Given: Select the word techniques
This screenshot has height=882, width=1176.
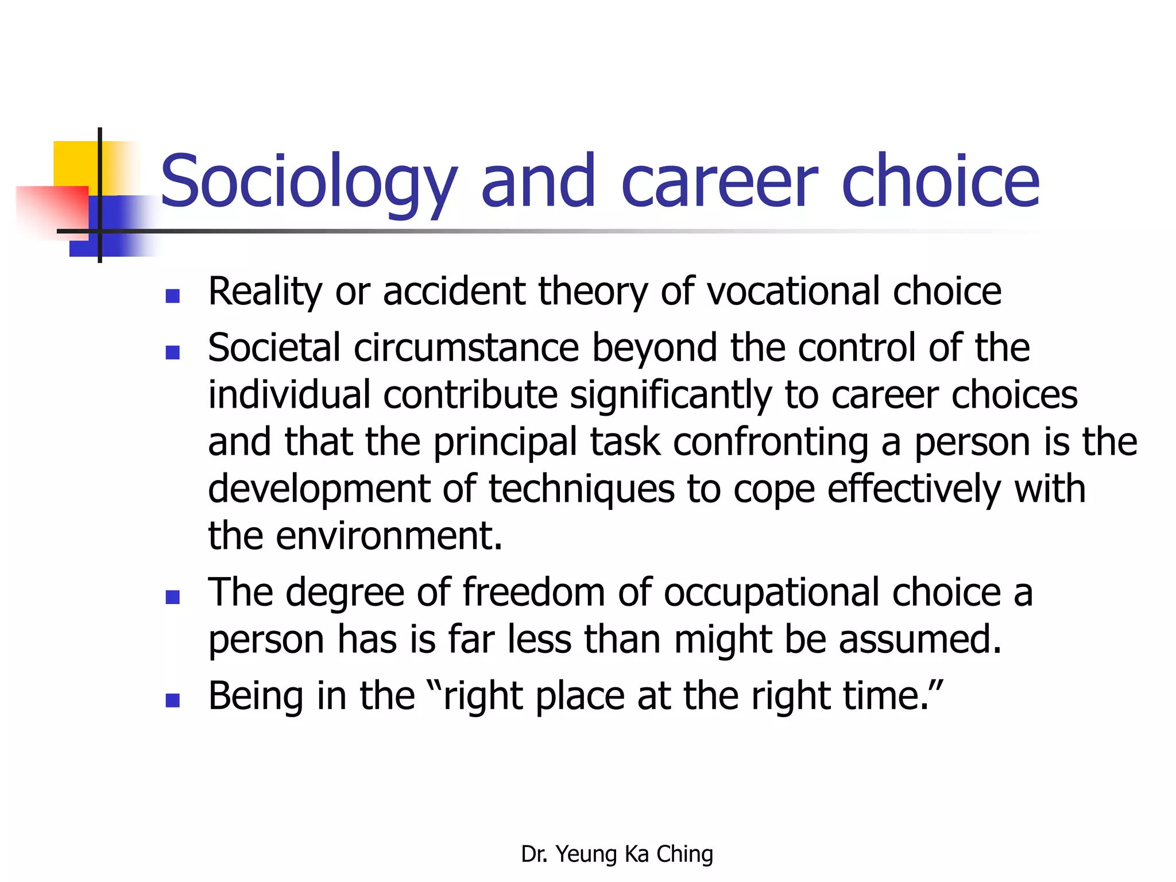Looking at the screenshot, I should coord(581,489).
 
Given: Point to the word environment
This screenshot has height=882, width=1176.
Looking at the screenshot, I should coord(389,536).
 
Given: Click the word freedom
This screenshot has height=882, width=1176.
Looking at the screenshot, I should coord(533,592).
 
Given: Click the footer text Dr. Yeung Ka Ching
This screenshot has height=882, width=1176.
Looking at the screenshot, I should coord(617,854).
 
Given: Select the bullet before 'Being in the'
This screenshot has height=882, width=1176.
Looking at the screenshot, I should coord(172,700).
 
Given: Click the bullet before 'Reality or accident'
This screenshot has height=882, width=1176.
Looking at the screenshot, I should coord(172,296).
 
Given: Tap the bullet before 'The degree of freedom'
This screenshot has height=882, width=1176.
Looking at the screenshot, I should coord(172,597).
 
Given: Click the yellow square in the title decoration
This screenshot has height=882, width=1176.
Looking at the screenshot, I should coord(75,164).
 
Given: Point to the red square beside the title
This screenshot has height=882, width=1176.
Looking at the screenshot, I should coord(52,207).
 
